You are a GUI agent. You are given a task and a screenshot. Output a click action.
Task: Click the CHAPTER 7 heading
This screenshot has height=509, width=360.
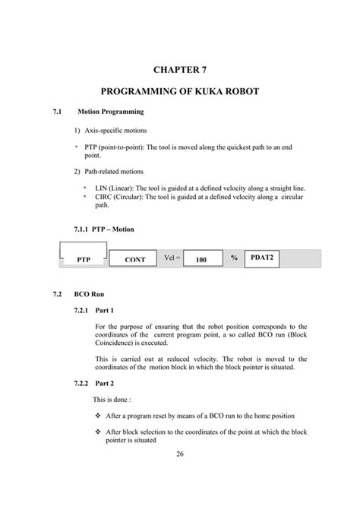pos(179,70)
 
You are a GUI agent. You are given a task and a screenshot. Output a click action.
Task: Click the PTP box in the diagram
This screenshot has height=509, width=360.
pos(84,260)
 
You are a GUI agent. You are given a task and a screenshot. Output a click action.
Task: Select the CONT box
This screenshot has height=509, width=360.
pos(134,260)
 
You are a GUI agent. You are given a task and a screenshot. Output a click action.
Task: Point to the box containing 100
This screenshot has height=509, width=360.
pos(201,260)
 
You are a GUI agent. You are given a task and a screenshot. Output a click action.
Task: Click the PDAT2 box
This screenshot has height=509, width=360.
pos(264,258)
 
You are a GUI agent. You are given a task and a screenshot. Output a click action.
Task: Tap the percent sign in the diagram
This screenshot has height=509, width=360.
pos(235,258)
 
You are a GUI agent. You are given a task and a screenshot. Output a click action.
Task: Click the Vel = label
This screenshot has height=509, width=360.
pos(172,258)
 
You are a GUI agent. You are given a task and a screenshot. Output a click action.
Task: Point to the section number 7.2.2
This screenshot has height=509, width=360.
pos(81,384)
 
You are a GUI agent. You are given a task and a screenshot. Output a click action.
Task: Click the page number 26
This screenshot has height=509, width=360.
pos(180,454)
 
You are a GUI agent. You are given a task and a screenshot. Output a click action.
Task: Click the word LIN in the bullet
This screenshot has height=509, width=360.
pos(100,186)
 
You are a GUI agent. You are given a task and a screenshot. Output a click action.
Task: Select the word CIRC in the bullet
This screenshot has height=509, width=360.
pos(103,196)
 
